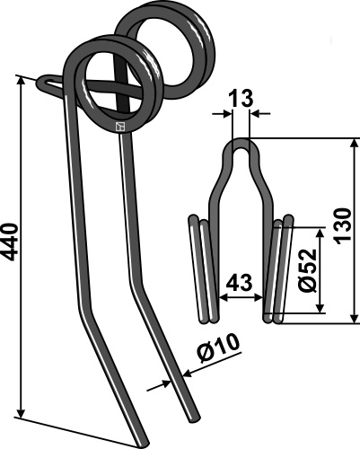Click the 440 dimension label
9,242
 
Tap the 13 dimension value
241,99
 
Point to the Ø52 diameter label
308,269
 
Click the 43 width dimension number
240,282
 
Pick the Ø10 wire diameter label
218,347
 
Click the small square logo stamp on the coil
120,127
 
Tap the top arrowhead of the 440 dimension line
21,82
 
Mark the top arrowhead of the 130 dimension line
355,145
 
